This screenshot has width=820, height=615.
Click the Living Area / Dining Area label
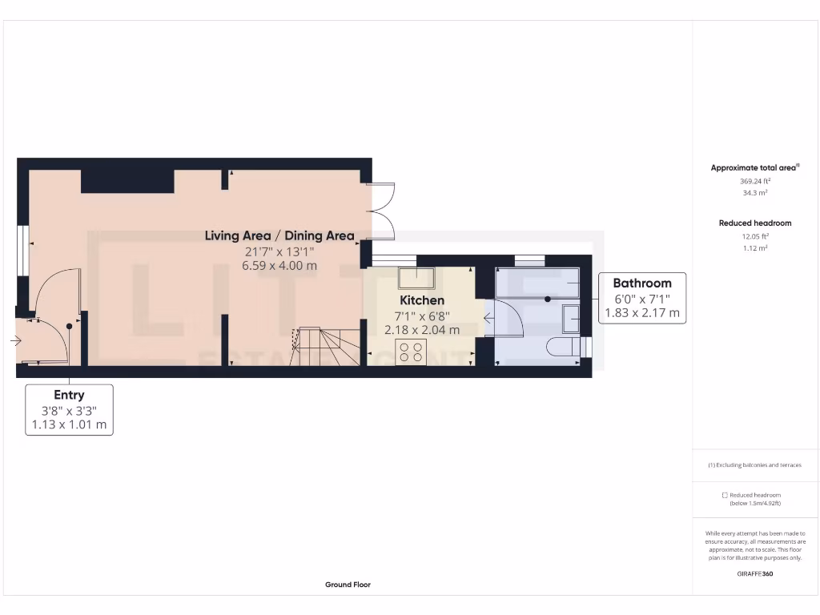(x=279, y=235)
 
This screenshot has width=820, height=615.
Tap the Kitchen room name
(x=422, y=300)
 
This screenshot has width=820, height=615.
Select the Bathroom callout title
(x=641, y=283)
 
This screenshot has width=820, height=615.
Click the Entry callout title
(x=69, y=395)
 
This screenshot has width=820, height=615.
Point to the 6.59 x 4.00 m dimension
(x=279, y=265)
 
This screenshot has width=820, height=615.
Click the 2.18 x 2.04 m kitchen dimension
(x=422, y=329)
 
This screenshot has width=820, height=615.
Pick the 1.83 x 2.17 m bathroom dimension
(x=641, y=313)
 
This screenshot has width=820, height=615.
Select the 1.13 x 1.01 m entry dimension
(x=69, y=424)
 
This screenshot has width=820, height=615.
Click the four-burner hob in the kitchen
(x=412, y=352)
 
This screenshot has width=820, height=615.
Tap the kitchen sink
(x=416, y=279)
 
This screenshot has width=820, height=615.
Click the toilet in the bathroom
(x=562, y=348)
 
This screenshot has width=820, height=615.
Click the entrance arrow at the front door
(x=16, y=341)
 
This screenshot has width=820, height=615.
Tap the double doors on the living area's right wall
(x=383, y=212)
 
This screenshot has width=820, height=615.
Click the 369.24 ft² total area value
(x=755, y=181)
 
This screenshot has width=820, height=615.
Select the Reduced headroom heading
(x=755, y=223)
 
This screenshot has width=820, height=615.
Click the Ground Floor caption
(x=348, y=585)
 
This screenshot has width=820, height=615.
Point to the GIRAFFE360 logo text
(x=755, y=573)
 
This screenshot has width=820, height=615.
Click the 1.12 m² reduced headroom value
(x=755, y=248)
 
